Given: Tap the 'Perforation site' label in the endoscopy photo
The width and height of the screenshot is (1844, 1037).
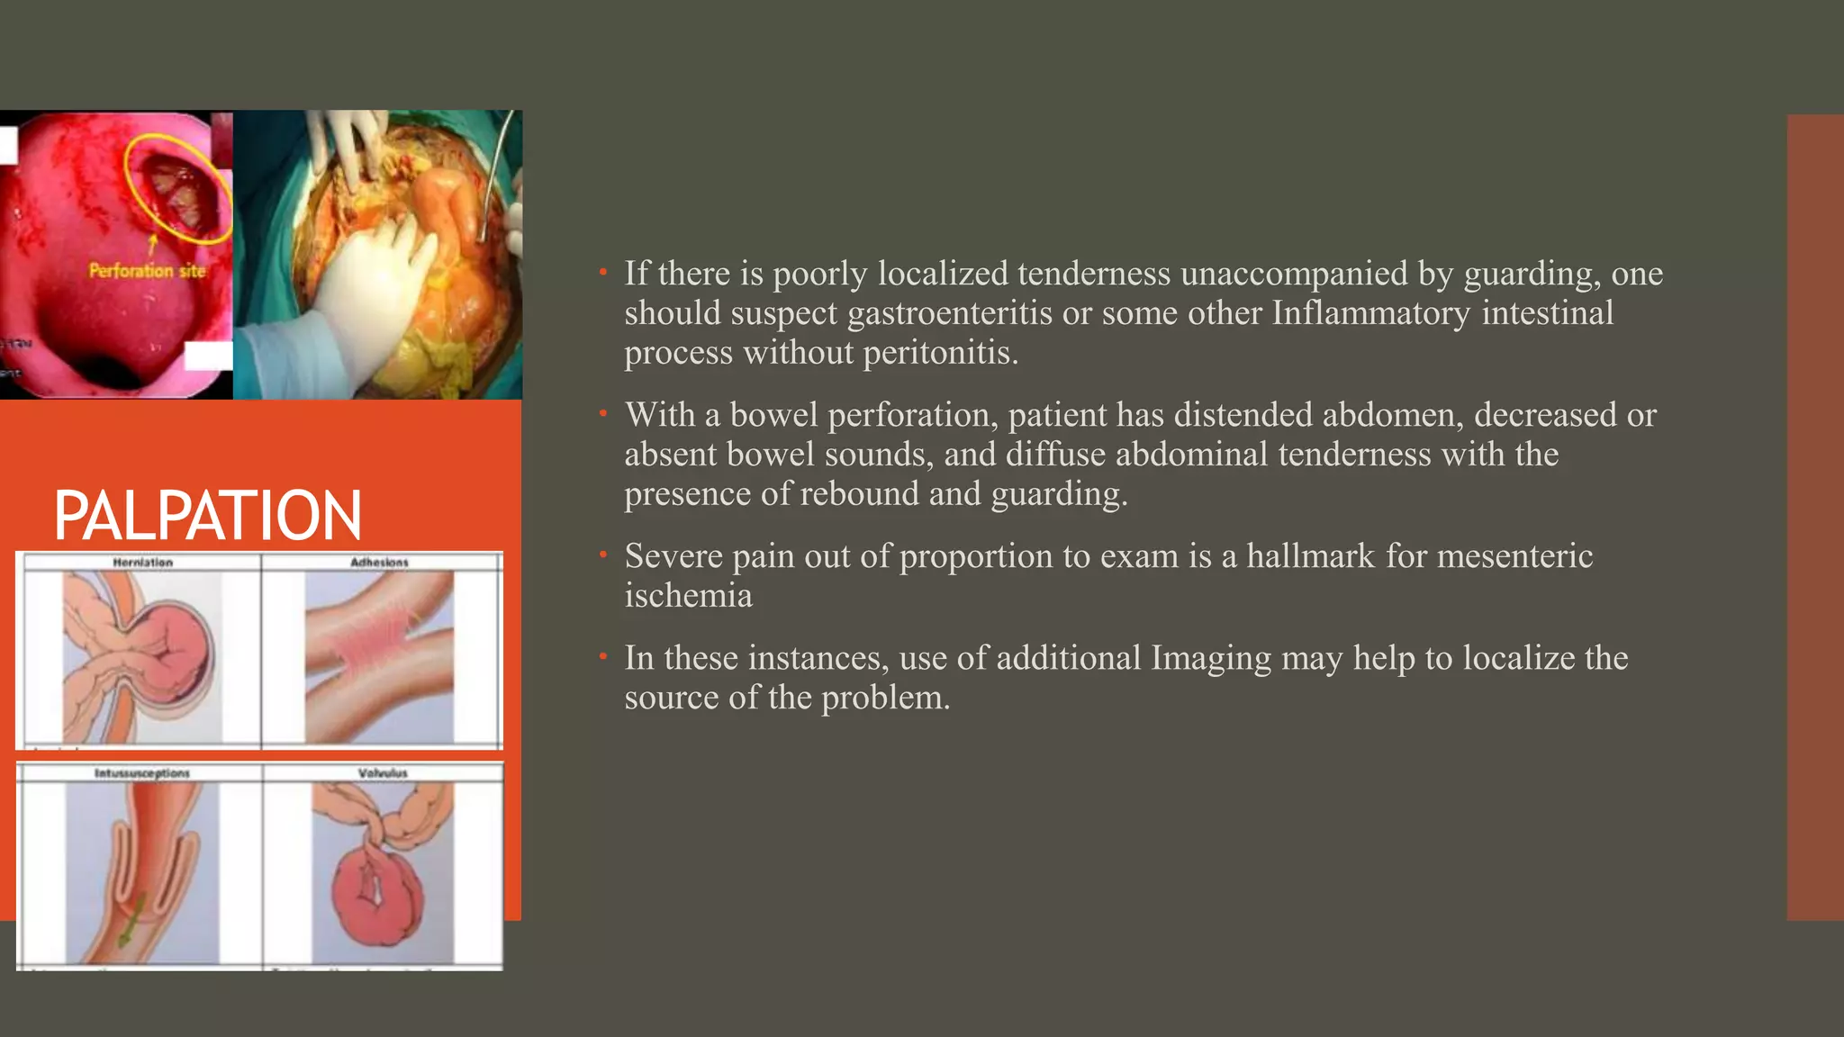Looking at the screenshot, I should click(147, 270).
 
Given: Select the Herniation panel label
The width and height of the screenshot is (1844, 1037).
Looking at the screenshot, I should click(142, 563).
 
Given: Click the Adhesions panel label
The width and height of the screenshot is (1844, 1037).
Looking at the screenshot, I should click(379, 563).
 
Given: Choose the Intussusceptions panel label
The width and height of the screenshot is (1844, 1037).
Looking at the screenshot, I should click(142, 773).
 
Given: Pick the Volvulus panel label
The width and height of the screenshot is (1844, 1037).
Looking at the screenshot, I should click(383, 773).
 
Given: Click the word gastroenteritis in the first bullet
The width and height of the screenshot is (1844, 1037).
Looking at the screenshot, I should click(950, 313).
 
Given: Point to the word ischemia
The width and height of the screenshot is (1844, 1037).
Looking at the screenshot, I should click(688, 596).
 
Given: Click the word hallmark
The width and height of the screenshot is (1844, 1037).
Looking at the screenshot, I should click(1310, 556).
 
